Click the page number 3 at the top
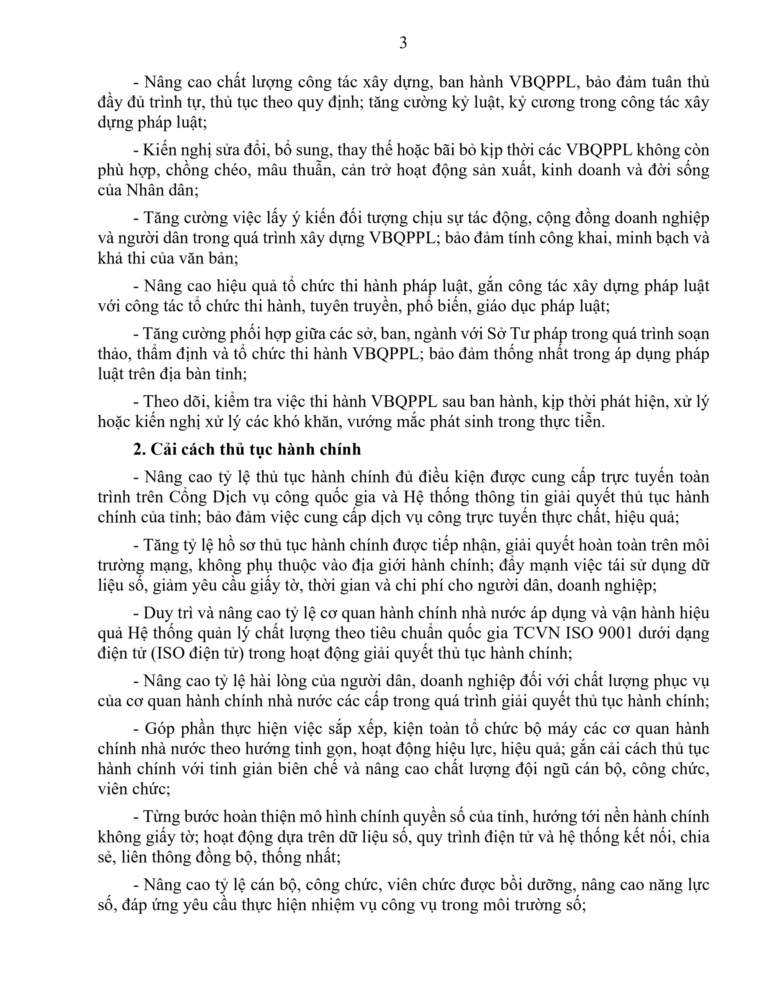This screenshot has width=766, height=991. click(x=403, y=43)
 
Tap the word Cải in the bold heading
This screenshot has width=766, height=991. click(x=162, y=449)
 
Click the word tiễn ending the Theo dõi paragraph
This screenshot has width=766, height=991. click(x=588, y=422)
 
